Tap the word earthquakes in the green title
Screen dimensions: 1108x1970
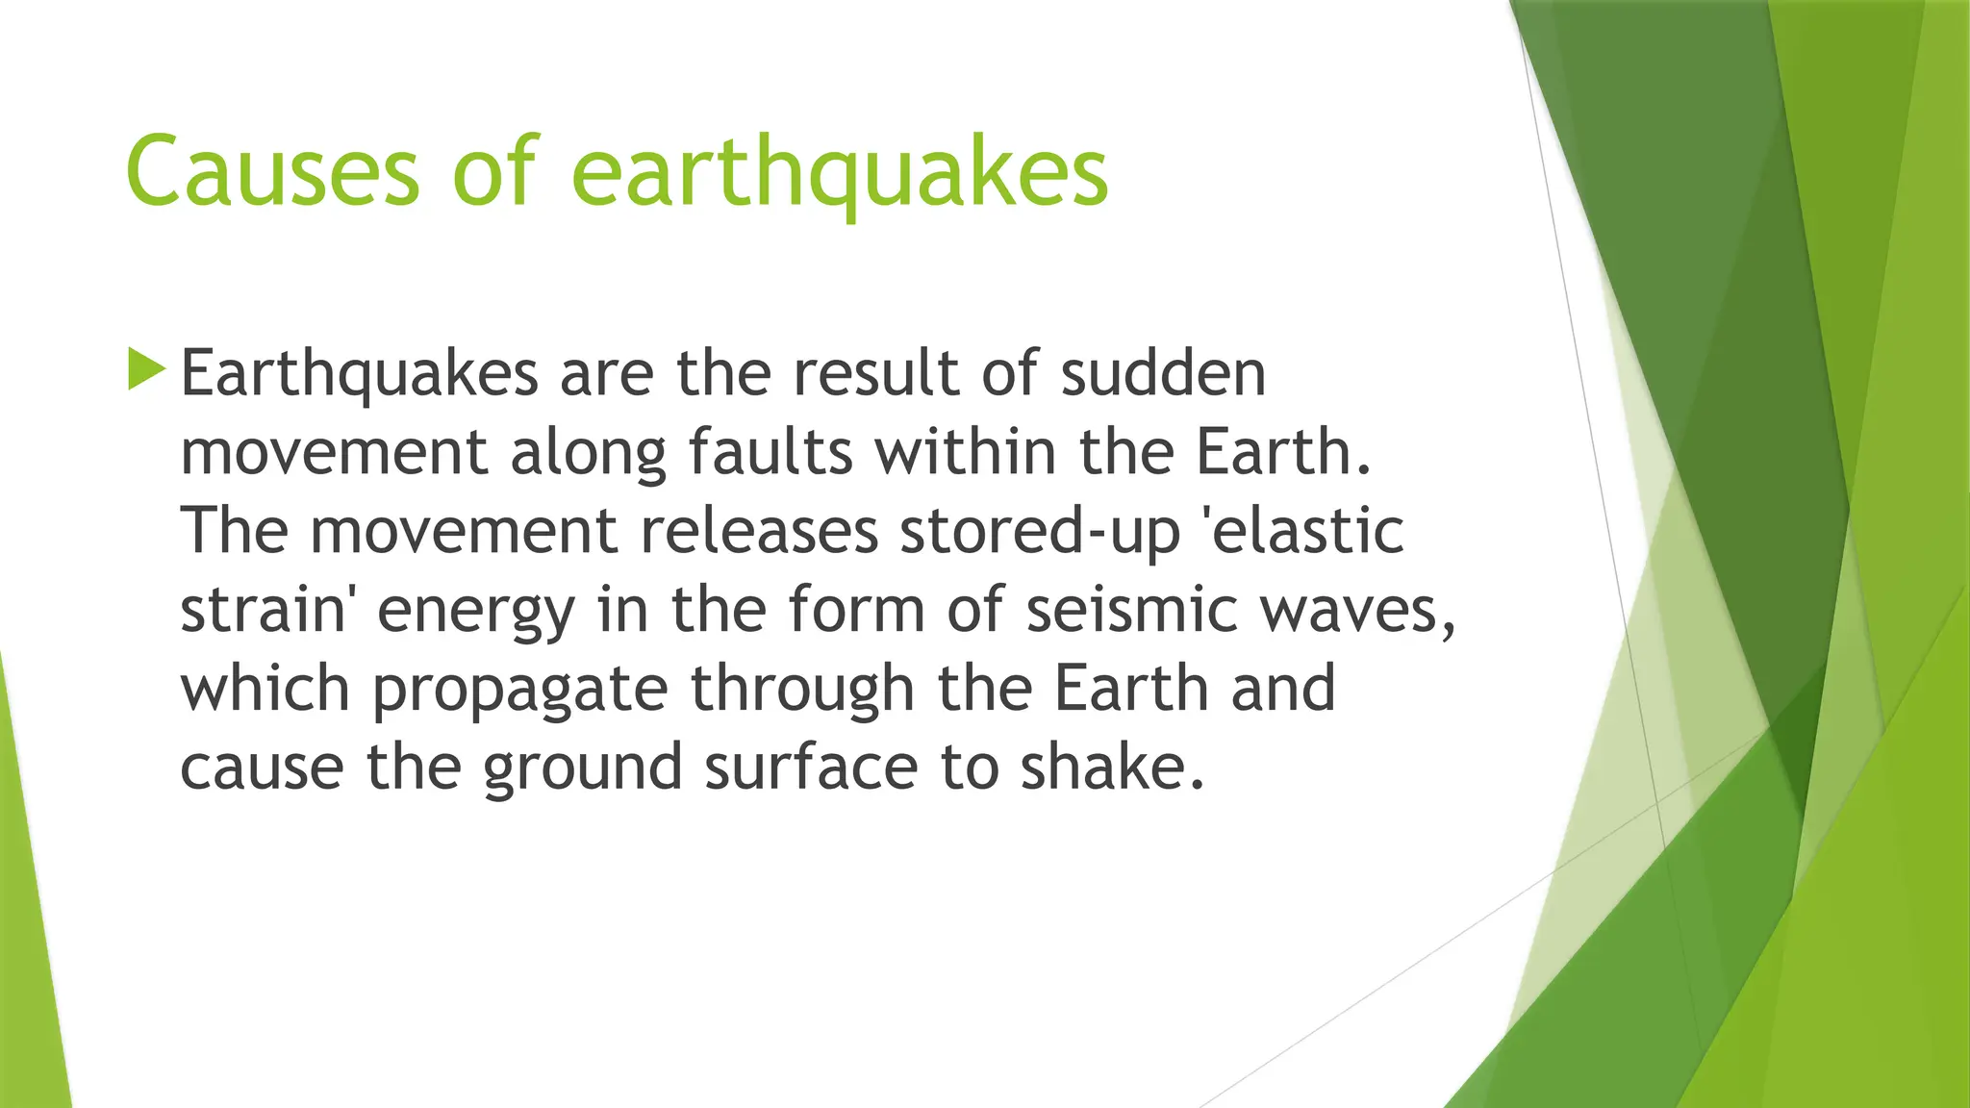[840, 173]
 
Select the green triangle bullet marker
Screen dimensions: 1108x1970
[146, 370]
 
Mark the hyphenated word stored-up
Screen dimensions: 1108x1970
[1040, 533]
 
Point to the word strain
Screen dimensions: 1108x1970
[262, 610]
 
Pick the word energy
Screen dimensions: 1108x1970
[476, 612]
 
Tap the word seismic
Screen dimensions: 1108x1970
[1131, 610]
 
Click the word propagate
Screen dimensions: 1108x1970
[519, 691]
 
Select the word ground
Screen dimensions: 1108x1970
[582, 769]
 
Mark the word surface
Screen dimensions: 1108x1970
[811, 768]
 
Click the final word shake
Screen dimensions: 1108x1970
[1111, 768]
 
